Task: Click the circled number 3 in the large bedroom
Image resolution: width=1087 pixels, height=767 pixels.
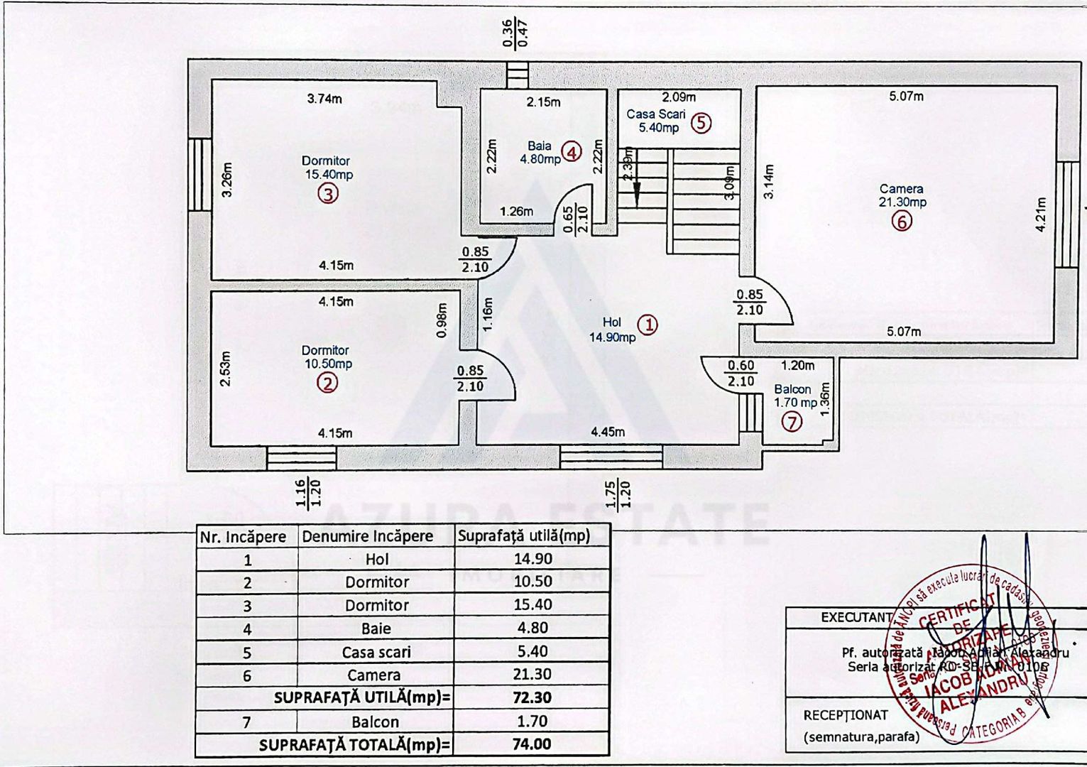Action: [x=327, y=193]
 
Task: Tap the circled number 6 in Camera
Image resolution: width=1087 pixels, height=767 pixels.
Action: [x=902, y=222]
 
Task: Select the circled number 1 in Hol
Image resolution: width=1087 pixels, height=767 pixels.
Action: [x=648, y=325]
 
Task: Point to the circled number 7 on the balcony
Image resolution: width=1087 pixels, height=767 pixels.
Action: [x=792, y=422]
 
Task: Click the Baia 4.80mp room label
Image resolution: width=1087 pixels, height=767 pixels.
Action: [x=540, y=153]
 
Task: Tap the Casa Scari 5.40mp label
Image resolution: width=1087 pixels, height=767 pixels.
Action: [x=656, y=121]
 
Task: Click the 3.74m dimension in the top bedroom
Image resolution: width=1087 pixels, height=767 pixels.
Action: [x=324, y=99]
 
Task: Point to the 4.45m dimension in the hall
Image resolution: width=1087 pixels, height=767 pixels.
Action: [x=608, y=431]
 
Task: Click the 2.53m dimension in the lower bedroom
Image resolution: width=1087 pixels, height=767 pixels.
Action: [x=225, y=369]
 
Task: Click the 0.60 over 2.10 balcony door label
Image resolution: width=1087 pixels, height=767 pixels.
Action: [x=741, y=374]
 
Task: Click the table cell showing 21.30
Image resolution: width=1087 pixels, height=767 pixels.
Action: [x=532, y=675]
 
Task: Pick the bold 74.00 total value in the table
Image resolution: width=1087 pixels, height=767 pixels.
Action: [x=532, y=744]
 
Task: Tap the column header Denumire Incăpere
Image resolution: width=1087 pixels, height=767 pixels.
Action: [x=367, y=536]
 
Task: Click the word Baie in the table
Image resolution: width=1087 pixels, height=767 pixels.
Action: [x=376, y=629]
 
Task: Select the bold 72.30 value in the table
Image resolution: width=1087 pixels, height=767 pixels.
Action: [x=532, y=698]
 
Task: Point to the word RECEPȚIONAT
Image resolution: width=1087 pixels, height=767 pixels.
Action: [x=846, y=715]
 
